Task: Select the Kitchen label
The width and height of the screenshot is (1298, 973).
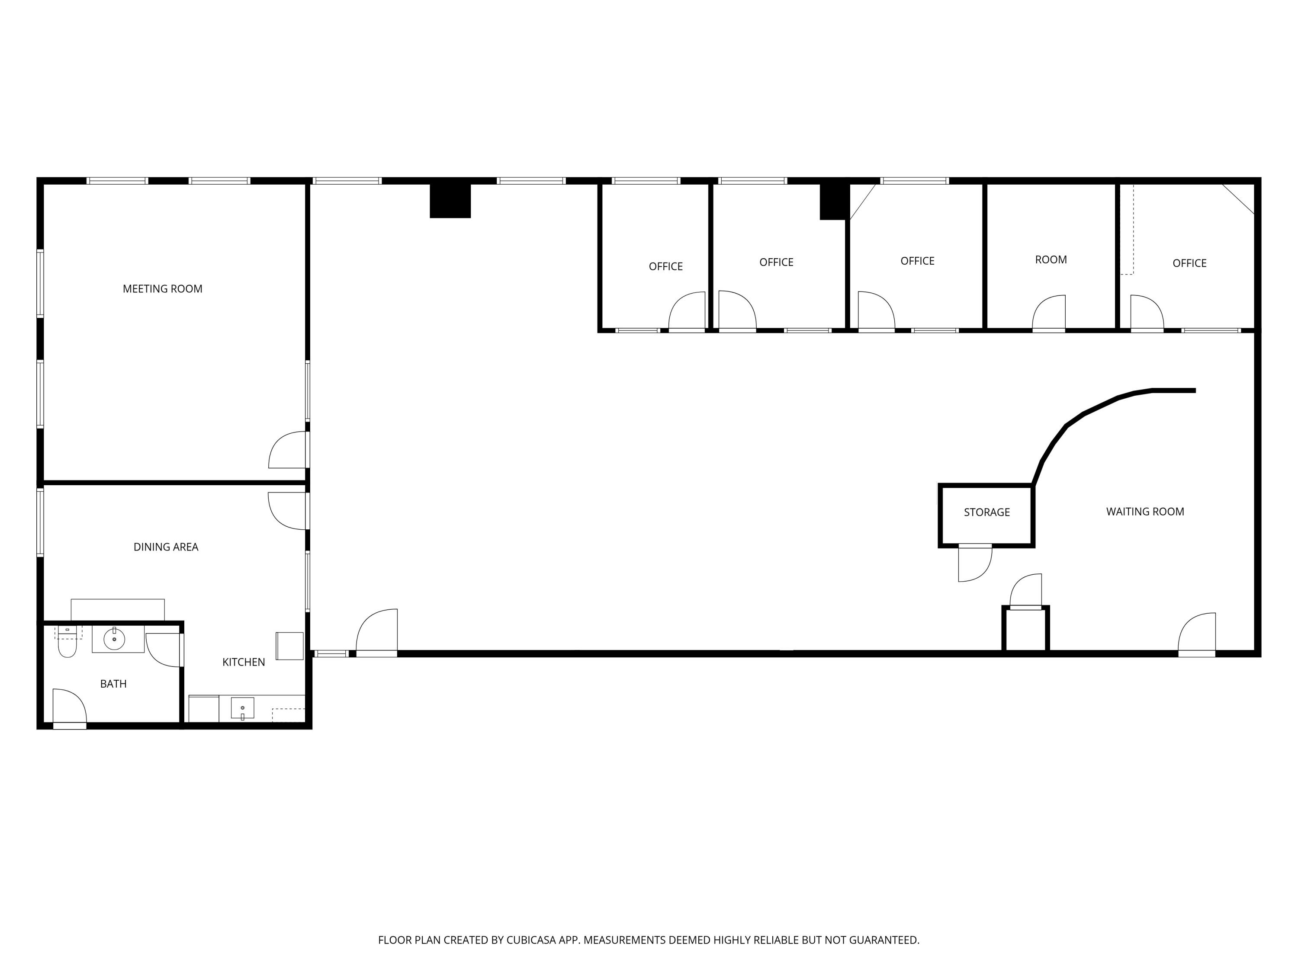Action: click(x=244, y=662)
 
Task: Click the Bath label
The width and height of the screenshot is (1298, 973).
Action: click(x=113, y=683)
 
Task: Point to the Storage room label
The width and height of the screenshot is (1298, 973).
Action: click(x=986, y=512)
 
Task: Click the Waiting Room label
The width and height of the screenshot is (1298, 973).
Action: click(x=1145, y=512)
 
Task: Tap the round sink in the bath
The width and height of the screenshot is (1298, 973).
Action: click(x=114, y=639)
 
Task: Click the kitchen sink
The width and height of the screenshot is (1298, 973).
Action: click(x=242, y=708)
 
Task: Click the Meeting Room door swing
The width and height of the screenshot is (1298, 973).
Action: click(x=288, y=451)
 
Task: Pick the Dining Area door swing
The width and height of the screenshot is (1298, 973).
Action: click(x=288, y=510)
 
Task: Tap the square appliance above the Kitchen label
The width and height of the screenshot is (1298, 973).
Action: click(x=289, y=646)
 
